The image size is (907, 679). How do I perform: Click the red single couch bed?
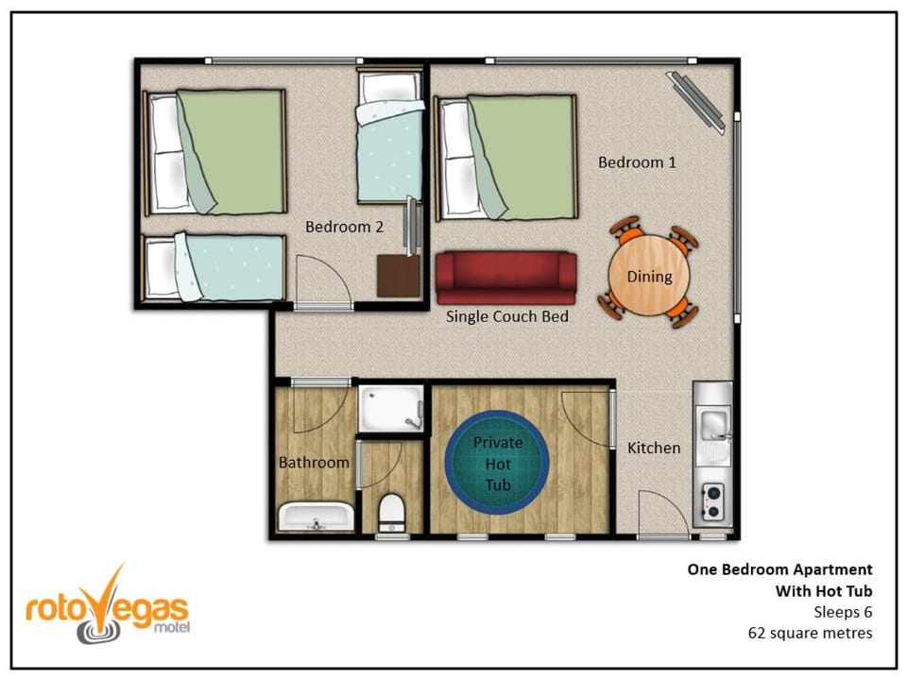point(506,278)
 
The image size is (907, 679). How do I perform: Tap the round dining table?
point(649,276)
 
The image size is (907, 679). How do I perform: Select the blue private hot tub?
point(497,463)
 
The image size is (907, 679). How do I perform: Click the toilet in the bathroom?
point(391,513)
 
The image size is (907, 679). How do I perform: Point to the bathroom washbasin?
point(316,517)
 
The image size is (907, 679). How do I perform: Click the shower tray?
point(391,408)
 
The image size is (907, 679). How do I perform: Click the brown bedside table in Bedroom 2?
point(399,276)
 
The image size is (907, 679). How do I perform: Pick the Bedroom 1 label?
point(637,162)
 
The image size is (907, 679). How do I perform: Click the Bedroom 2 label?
point(344,227)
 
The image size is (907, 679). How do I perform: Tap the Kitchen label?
point(654,448)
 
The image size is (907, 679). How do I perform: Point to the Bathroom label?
point(314,462)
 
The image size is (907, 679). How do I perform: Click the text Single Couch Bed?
point(506,316)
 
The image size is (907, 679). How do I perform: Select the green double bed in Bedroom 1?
point(506,158)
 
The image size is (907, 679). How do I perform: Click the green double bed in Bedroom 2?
point(214,152)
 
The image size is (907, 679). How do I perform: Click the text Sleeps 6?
point(843,612)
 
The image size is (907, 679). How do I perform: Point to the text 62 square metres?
point(810,634)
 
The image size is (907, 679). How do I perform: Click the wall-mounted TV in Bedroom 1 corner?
point(696,102)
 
